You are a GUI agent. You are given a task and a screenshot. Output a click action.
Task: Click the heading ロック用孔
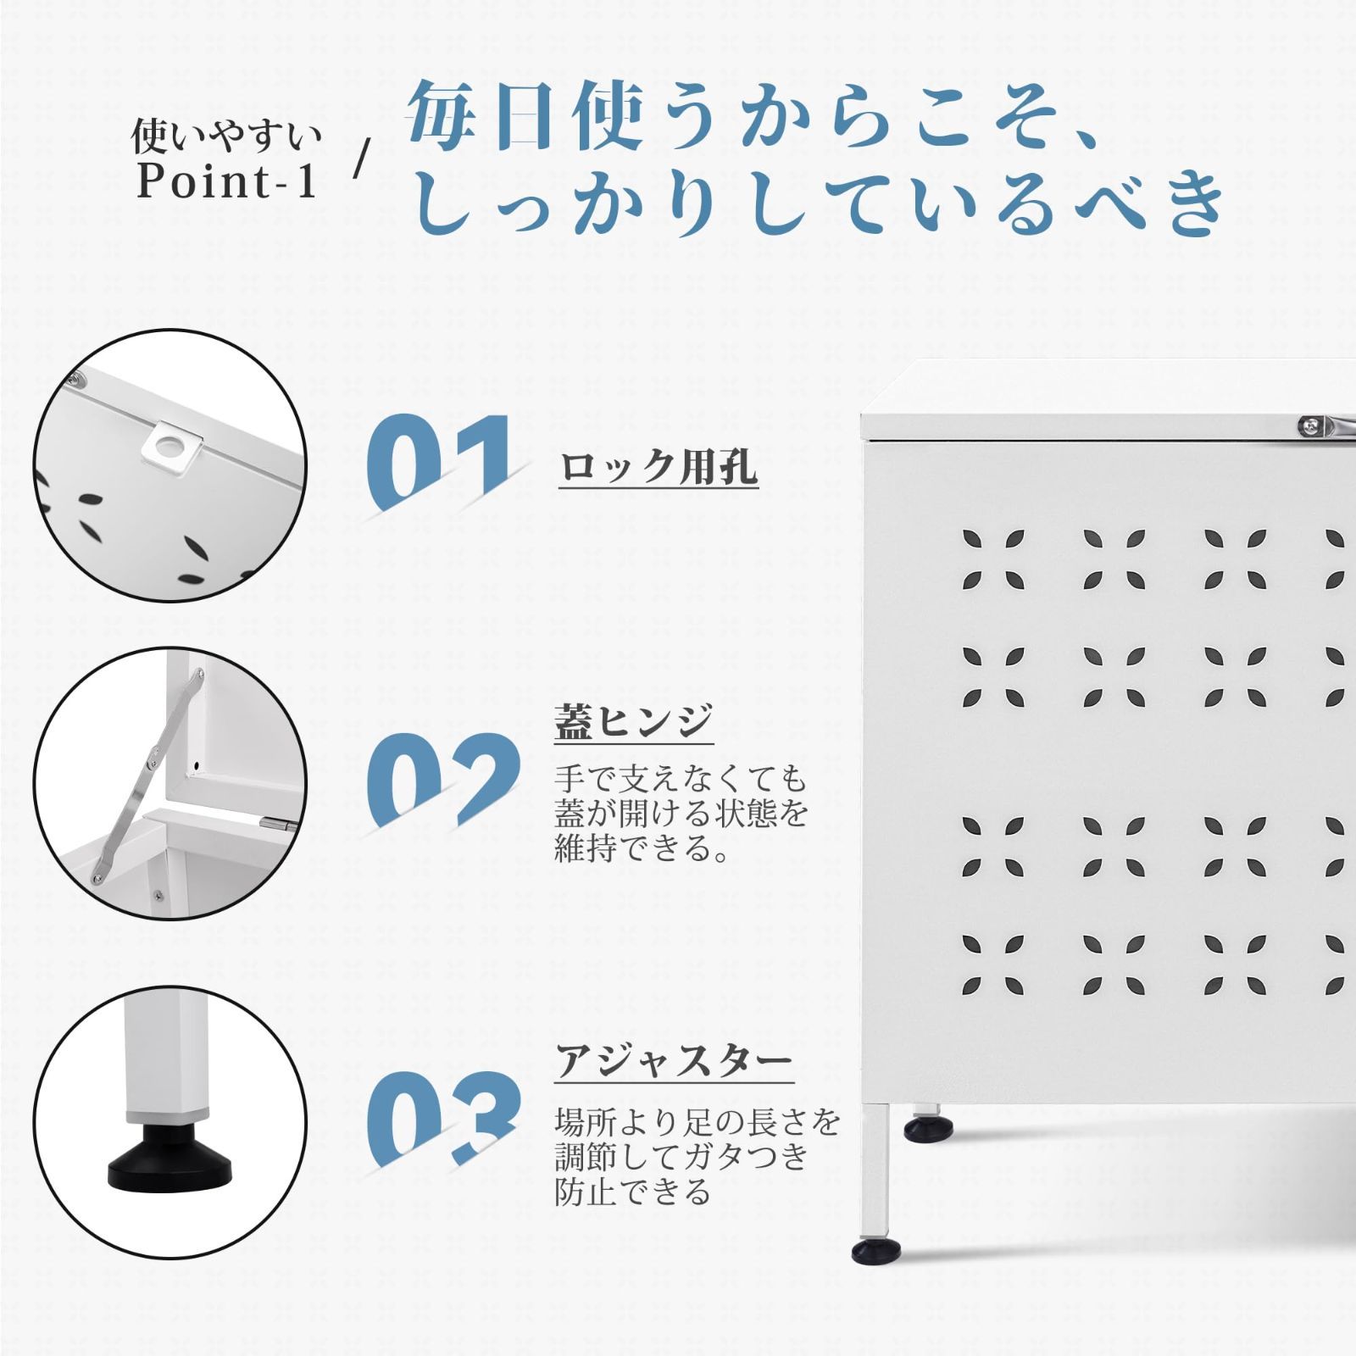coord(658,467)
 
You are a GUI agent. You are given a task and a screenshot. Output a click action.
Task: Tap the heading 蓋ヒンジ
coord(633,722)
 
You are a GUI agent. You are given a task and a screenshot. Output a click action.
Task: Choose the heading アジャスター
coord(675,1061)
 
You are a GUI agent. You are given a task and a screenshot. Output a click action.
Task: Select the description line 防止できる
coord(631,1192)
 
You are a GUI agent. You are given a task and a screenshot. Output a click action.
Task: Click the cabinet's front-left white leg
coord(877,1170)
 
